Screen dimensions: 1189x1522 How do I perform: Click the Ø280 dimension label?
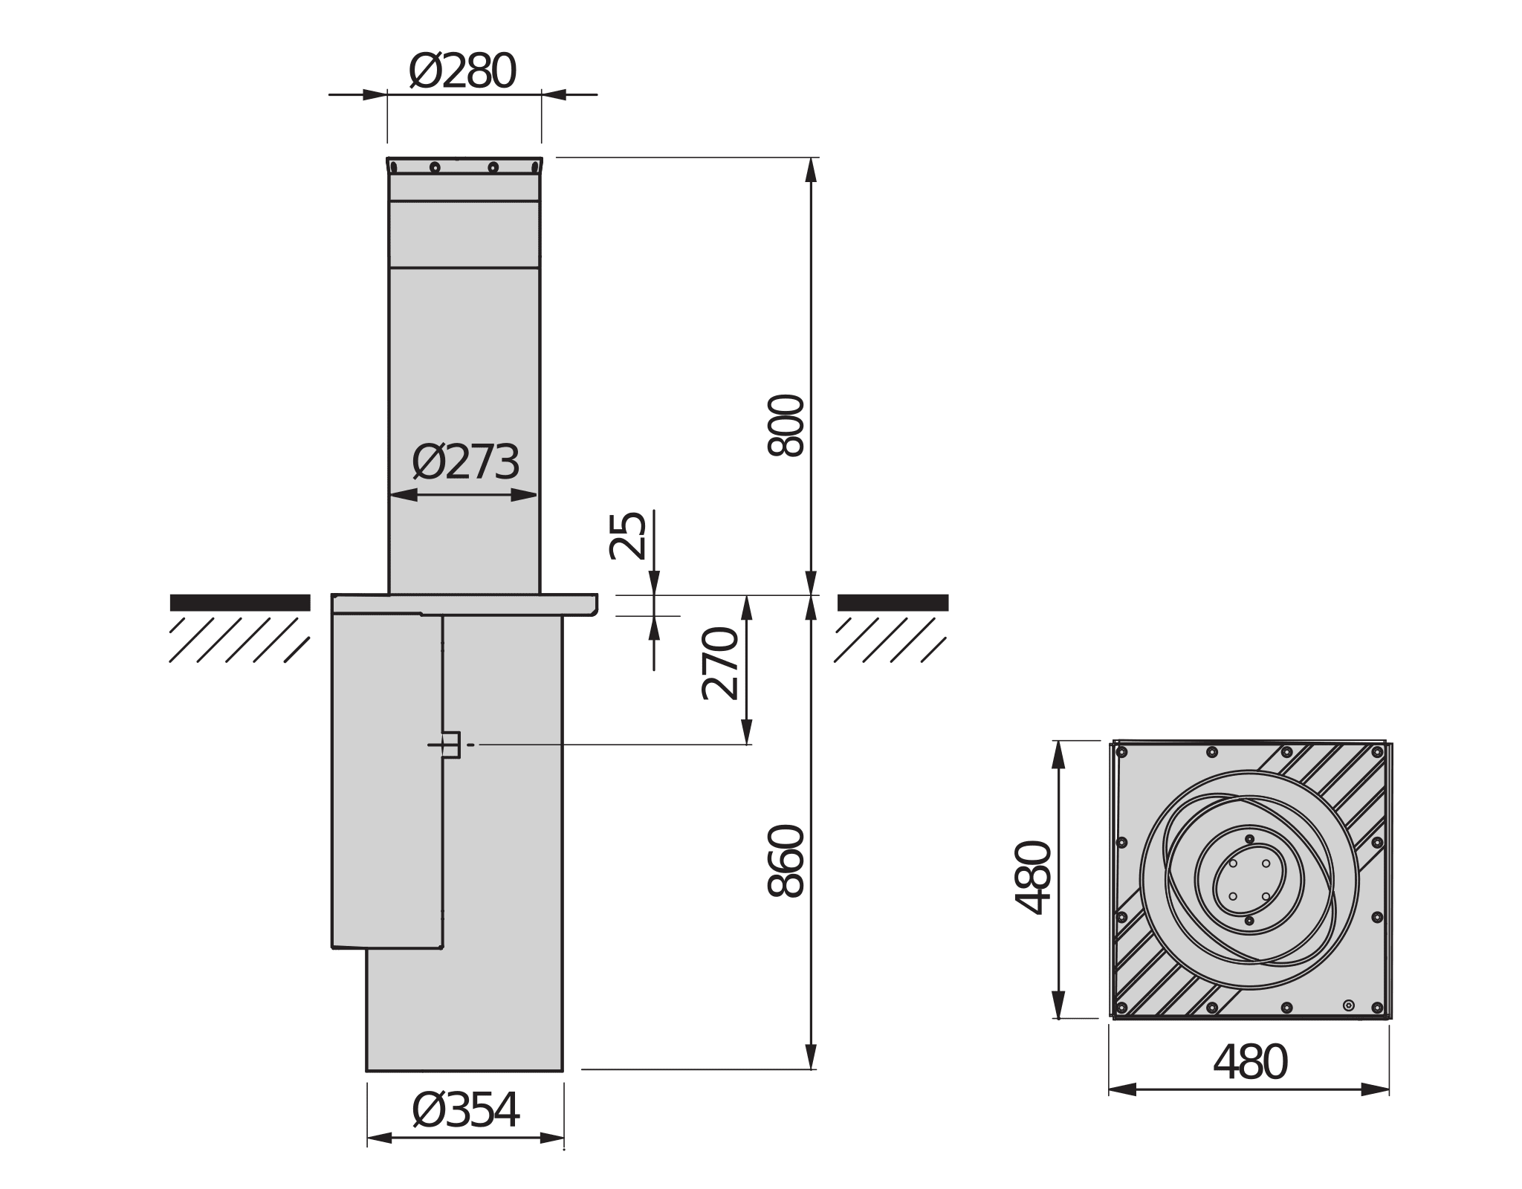coord(462,72)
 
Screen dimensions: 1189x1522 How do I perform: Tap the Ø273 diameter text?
coord(465,463)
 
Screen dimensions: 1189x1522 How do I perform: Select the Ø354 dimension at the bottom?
coord(465,1112)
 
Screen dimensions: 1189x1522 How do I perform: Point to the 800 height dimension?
coord(786,425)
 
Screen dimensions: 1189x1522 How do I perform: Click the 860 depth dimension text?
coord(786,861)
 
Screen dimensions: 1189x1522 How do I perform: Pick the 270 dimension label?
coord(720,664)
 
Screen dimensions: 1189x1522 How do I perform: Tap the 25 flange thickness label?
coord(628,536)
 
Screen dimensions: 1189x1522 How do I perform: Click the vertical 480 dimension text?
coord(1034,878)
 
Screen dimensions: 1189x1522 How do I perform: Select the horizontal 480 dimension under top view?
coord(1249,1063)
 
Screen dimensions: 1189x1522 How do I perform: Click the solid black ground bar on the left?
coord(239,603)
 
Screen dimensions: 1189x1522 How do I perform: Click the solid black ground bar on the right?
coord(893,603)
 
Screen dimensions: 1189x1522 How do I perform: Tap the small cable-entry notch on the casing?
coord(451,745)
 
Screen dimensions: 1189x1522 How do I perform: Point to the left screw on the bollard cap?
coord(435,167)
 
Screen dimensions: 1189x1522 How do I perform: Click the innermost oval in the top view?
coord(1249,880)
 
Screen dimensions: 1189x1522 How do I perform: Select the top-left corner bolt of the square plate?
coord(1122,753)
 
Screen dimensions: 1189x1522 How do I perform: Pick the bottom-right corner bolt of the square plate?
coord(1377,1008)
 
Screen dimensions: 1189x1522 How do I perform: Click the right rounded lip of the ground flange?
coord(594,606)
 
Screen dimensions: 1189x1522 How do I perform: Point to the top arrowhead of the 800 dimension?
coord(811,169)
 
